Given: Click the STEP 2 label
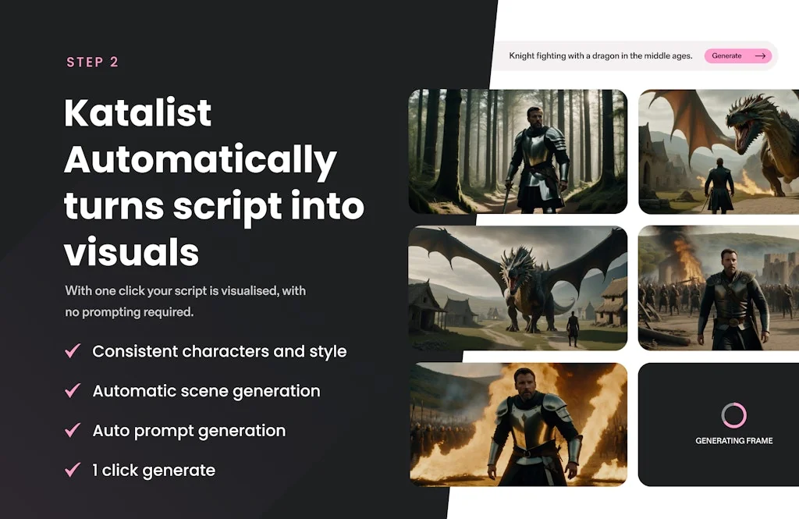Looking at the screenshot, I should point(92,62).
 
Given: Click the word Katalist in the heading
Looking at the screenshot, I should point(138,113).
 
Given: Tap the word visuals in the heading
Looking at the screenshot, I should point(131,252).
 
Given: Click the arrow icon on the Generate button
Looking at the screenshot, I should point(760,56).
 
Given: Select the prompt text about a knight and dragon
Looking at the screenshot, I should point(600,56).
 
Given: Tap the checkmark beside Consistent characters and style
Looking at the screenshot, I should point(73,352).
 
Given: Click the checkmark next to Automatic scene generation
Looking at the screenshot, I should point(73,391).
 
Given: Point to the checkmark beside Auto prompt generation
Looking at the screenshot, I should point(73,431).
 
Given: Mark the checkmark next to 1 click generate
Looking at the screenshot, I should point(73,470).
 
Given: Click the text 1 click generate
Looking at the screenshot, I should point(154,470).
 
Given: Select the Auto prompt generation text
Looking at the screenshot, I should point(189,431).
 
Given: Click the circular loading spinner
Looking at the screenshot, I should point(733,415).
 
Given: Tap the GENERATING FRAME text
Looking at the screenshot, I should point(733,441).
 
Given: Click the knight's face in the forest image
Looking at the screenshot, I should point(534,121).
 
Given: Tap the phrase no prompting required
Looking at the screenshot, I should point(129,312).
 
